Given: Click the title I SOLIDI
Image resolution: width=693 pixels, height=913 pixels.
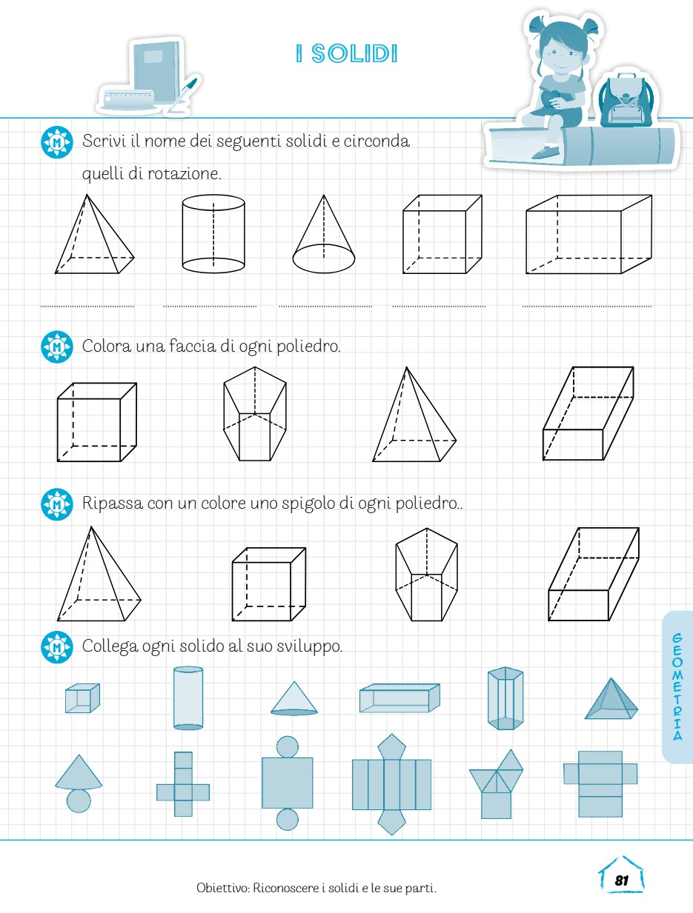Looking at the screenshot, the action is (x=347, y=53).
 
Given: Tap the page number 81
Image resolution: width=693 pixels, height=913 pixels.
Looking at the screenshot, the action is (x=621, y=880).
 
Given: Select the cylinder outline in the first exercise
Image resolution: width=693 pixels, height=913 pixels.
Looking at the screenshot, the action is (x=213, y=234).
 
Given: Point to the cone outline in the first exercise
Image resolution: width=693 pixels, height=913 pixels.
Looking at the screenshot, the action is (x=324, y=234).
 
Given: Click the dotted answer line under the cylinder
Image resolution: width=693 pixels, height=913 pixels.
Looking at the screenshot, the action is (x=210, y=307).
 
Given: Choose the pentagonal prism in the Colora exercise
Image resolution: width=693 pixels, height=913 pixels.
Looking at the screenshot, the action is (x=255, y=414).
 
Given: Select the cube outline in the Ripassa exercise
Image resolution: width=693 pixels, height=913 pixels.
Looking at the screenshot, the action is (x=269, y=584).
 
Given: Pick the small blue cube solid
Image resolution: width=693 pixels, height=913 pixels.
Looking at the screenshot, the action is (x=82, y=698).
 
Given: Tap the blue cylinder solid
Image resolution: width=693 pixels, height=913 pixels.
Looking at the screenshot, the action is (x=188, y=698).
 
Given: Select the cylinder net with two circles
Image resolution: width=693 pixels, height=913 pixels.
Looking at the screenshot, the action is (x=287, y=783).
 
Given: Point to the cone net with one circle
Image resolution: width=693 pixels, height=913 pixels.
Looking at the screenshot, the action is (x=79, y=783).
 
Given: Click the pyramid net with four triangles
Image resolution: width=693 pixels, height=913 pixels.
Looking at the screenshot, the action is (x=496, y=783).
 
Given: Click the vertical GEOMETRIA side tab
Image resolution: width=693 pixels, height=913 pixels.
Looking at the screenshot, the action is (x=677, y=686).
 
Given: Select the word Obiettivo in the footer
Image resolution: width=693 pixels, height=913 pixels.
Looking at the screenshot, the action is (x=222, y=889).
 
